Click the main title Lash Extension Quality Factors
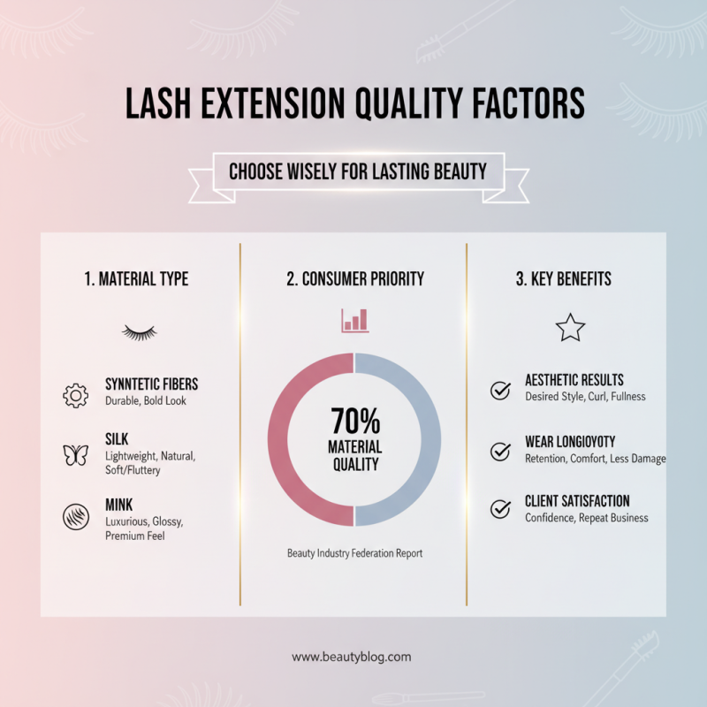[x=353, y=104]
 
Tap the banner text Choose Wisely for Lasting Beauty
[x=358, y=171]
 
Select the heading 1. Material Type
[x=136, y=279]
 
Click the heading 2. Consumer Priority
[x=354, y=279]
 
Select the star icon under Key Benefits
[x=570, y=328]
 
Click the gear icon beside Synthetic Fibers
[x=76, y=394]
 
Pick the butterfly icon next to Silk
[x=76, y=455]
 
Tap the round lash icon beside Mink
[x=76, y=515]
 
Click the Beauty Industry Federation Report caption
[x=353, y=553]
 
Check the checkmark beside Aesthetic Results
[x=500, y=390]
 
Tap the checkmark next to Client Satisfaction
[x=500, y=509]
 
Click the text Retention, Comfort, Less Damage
[x=596, y=459]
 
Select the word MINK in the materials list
[x=119, y=505]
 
